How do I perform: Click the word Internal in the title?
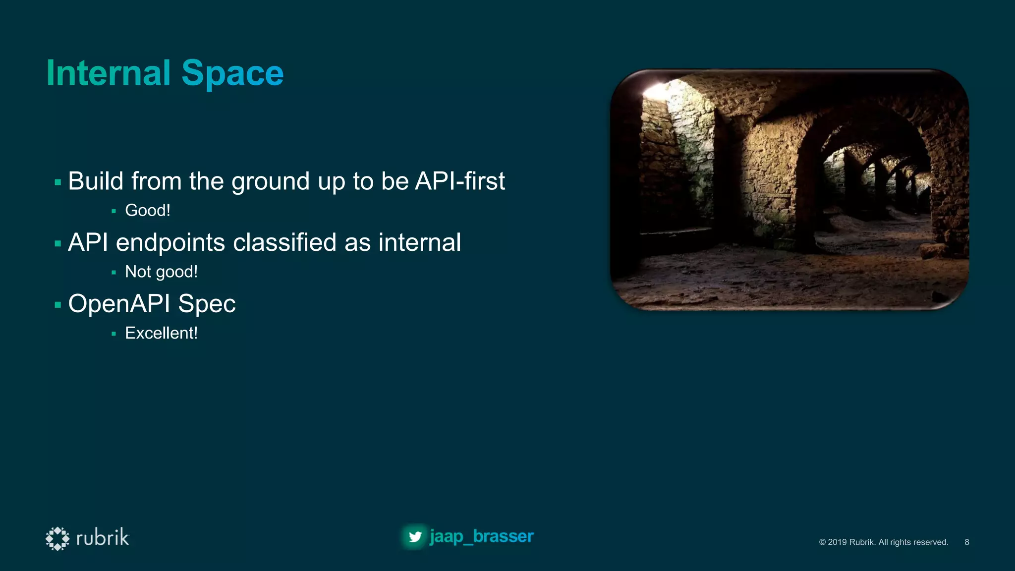point(109,73)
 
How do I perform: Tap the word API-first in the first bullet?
point(460,181)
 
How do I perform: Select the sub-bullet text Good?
point(148,211)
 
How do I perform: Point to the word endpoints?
point(170,243)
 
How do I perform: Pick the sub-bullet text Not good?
point(161,272)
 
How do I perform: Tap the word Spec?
point(207,304)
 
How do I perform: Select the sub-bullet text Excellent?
point(161,333)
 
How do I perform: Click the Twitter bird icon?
point(415,537)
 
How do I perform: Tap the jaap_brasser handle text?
point(481,536)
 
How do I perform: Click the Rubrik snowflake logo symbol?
point(57,538)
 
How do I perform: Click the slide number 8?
point(966,542)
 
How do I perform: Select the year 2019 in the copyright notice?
point(837,542)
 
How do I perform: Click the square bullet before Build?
point(58,182)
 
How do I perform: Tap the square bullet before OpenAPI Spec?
point(58,305)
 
